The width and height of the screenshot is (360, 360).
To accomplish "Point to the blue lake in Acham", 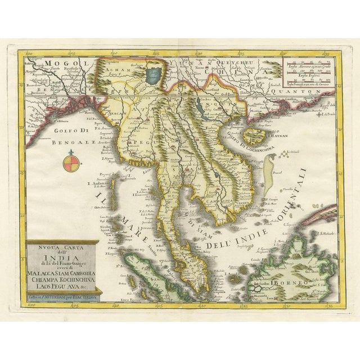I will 151,74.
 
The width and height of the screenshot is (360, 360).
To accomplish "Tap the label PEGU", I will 138,143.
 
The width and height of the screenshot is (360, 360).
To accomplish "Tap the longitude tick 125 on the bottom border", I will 242,307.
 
